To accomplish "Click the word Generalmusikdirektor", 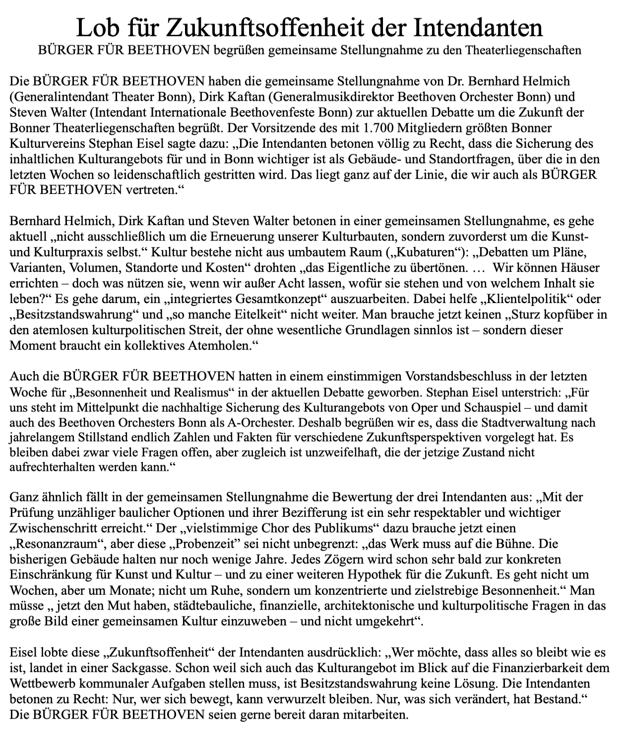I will pyautogui.click(x=329, y=96).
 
